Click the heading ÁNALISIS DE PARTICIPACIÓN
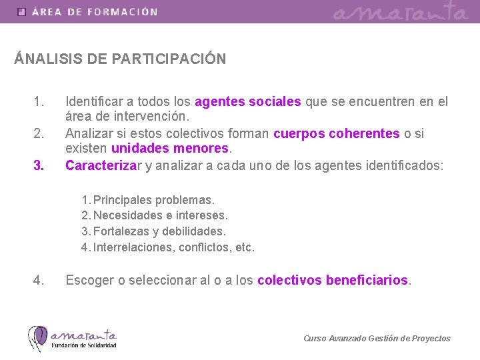coord(120,59)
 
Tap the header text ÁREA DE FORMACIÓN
coord(95,12)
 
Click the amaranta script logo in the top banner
coord(401,12)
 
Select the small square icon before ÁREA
coord(22,12)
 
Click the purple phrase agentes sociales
coord(248,102)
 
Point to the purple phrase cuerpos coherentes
coord(337,133)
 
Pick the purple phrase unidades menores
coord(170,148)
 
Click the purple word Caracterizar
coord(101,165)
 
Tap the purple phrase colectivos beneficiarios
coord(333,281)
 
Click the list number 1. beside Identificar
coord(39,102)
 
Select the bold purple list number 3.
coord(39,165)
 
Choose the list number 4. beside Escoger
coord(39,281)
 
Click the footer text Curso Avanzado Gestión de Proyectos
coord(377,339)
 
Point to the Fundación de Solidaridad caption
coord(85,345)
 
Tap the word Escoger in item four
coord(89,281)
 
